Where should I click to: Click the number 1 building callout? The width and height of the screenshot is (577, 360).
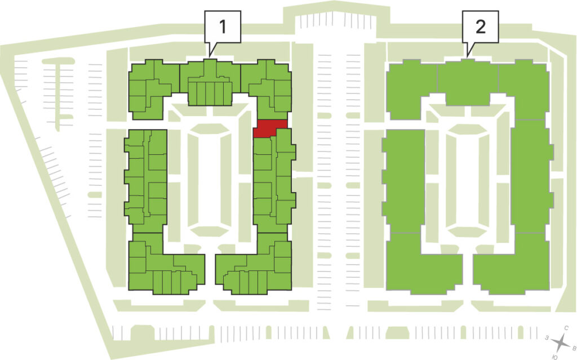[223, 26]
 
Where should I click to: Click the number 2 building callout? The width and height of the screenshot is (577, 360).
[480, 26]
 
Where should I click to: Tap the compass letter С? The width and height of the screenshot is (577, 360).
[566, 328]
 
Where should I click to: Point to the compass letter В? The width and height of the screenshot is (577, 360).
[573, 348]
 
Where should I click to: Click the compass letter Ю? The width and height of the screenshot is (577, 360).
[554, 357]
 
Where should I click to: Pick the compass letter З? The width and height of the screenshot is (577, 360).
[547, 337]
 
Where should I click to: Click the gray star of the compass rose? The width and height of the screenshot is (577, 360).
[561, 343]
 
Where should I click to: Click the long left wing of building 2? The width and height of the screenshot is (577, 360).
[403, 181]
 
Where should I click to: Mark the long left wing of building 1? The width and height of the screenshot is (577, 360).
[146, 181]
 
